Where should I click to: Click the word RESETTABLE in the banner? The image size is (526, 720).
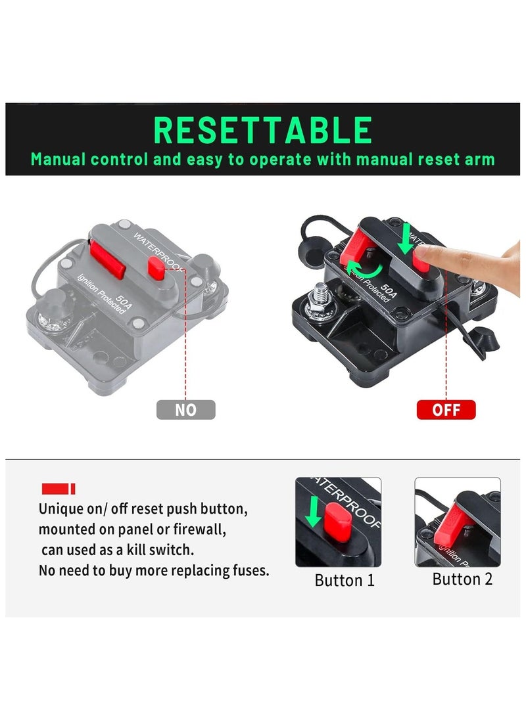tap(262, 130)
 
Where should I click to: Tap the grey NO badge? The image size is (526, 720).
tap(185, 410)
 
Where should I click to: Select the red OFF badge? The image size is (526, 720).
tap(446, 410)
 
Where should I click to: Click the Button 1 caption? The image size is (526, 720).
tap(344, 580)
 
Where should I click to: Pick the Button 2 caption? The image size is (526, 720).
tap(462, 579)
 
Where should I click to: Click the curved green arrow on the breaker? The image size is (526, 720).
tap(361, 269)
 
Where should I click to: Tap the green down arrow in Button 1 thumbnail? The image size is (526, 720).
tap(315, 512)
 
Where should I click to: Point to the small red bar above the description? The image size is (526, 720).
tap(58, 489)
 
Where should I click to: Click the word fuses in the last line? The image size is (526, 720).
tap(249, 570)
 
